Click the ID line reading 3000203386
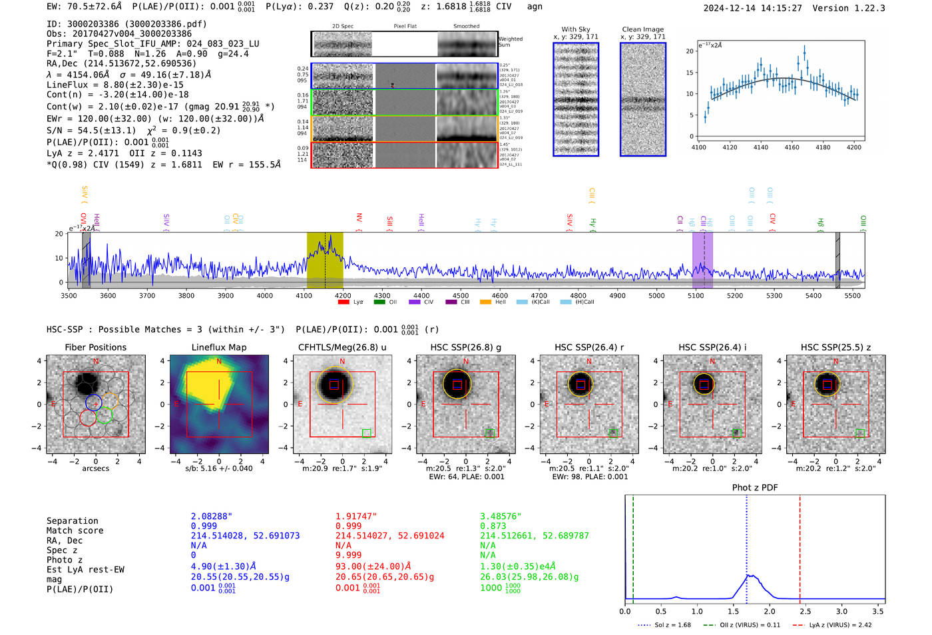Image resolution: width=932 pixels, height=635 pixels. (x=126, y=24)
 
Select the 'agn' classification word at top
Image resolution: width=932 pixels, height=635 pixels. (x=535, y=7)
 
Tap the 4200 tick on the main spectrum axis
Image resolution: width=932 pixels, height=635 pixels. (x=343, y=295)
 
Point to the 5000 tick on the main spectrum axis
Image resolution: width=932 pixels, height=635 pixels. (x=656, y=295)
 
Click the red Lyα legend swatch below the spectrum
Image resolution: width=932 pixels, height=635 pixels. (x=344, y=303)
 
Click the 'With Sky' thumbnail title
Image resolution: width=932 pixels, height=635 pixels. (x=576, y=29)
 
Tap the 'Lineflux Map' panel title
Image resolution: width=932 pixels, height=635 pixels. (x=218, y=347)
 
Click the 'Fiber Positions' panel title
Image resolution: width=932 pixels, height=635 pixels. (x=95, y=347)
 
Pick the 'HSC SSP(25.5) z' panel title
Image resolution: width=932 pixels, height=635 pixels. (x=835, y=347)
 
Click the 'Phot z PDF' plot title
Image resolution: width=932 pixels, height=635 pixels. (x=755, y=488)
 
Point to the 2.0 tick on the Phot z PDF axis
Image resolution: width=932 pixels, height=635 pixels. (x=770, y=611)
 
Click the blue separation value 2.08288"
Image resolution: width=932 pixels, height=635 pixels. (x=212, y=516)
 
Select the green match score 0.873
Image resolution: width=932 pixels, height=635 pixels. (x=493, y=526)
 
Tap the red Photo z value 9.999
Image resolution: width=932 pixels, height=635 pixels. (x=349, y=554)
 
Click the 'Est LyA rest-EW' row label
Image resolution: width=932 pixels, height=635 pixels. (x=85, y=570)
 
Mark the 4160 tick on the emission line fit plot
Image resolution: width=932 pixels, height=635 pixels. (x=792, y=147)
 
